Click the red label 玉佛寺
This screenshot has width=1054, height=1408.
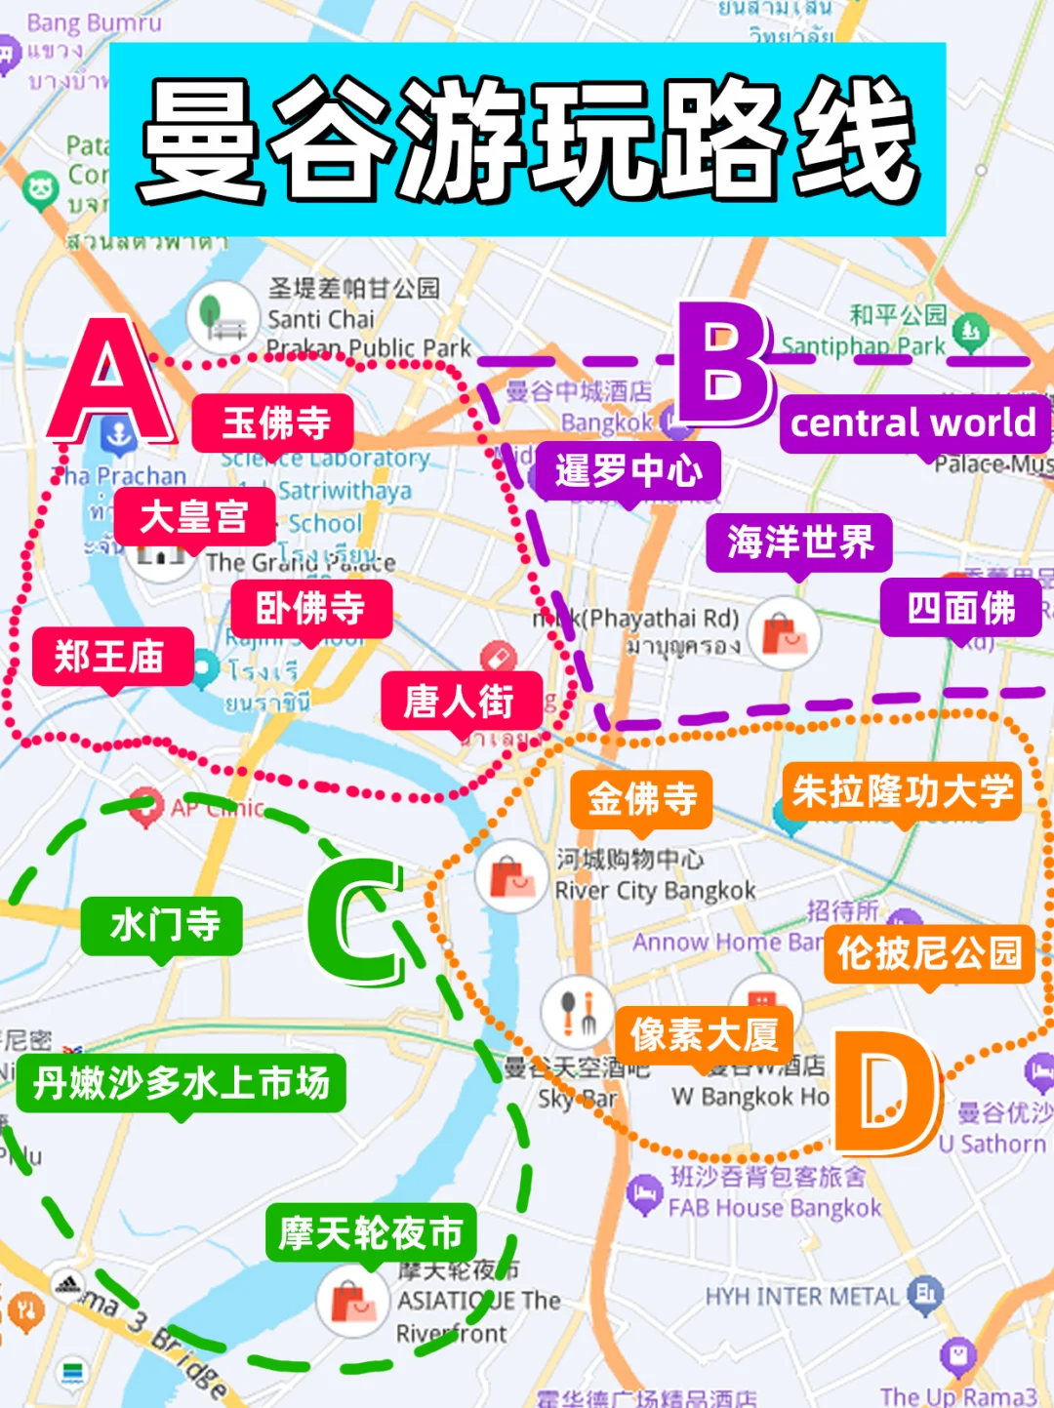(x=274, y=423)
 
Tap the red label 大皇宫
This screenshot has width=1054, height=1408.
(x=194, y=516)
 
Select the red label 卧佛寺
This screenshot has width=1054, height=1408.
(x=311, y=609)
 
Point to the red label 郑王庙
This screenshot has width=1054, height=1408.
(x=110, y=657)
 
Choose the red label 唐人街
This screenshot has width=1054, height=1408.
(x=460, y=701)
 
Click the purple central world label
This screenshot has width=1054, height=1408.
(x=913, y=423)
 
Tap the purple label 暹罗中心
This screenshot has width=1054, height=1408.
(x=628, y=471)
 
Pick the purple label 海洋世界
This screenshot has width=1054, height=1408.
(x=799, y=543)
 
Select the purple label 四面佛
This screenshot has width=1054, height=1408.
(x=961, y=608)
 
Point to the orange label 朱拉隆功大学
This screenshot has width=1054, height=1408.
(x=903, y=791)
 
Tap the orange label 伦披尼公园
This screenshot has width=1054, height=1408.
(x=929, y=953)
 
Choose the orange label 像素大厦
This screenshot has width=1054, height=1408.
(x=705, y=1034)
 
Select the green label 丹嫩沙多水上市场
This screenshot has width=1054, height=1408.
(x=182, y=1083)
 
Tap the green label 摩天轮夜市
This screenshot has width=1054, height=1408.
(x=371, y=1233)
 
